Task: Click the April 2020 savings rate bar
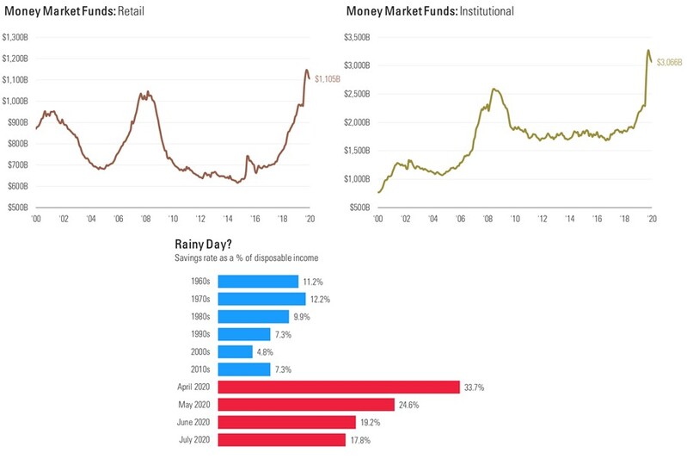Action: [x=339, y=387]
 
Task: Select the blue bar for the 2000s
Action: [x=235, y=351]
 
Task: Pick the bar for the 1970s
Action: [x=261, y=299]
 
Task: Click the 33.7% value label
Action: [x=475, y=387]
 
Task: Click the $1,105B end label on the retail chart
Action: [x=328, y=79]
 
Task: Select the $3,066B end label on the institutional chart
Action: [x=667, y=63]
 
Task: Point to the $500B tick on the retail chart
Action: [x=18, y=208]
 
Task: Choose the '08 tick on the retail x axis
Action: [x=145, y=220]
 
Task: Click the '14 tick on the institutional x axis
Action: [x=569, y=220]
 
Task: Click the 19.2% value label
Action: [x=371, y=422]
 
